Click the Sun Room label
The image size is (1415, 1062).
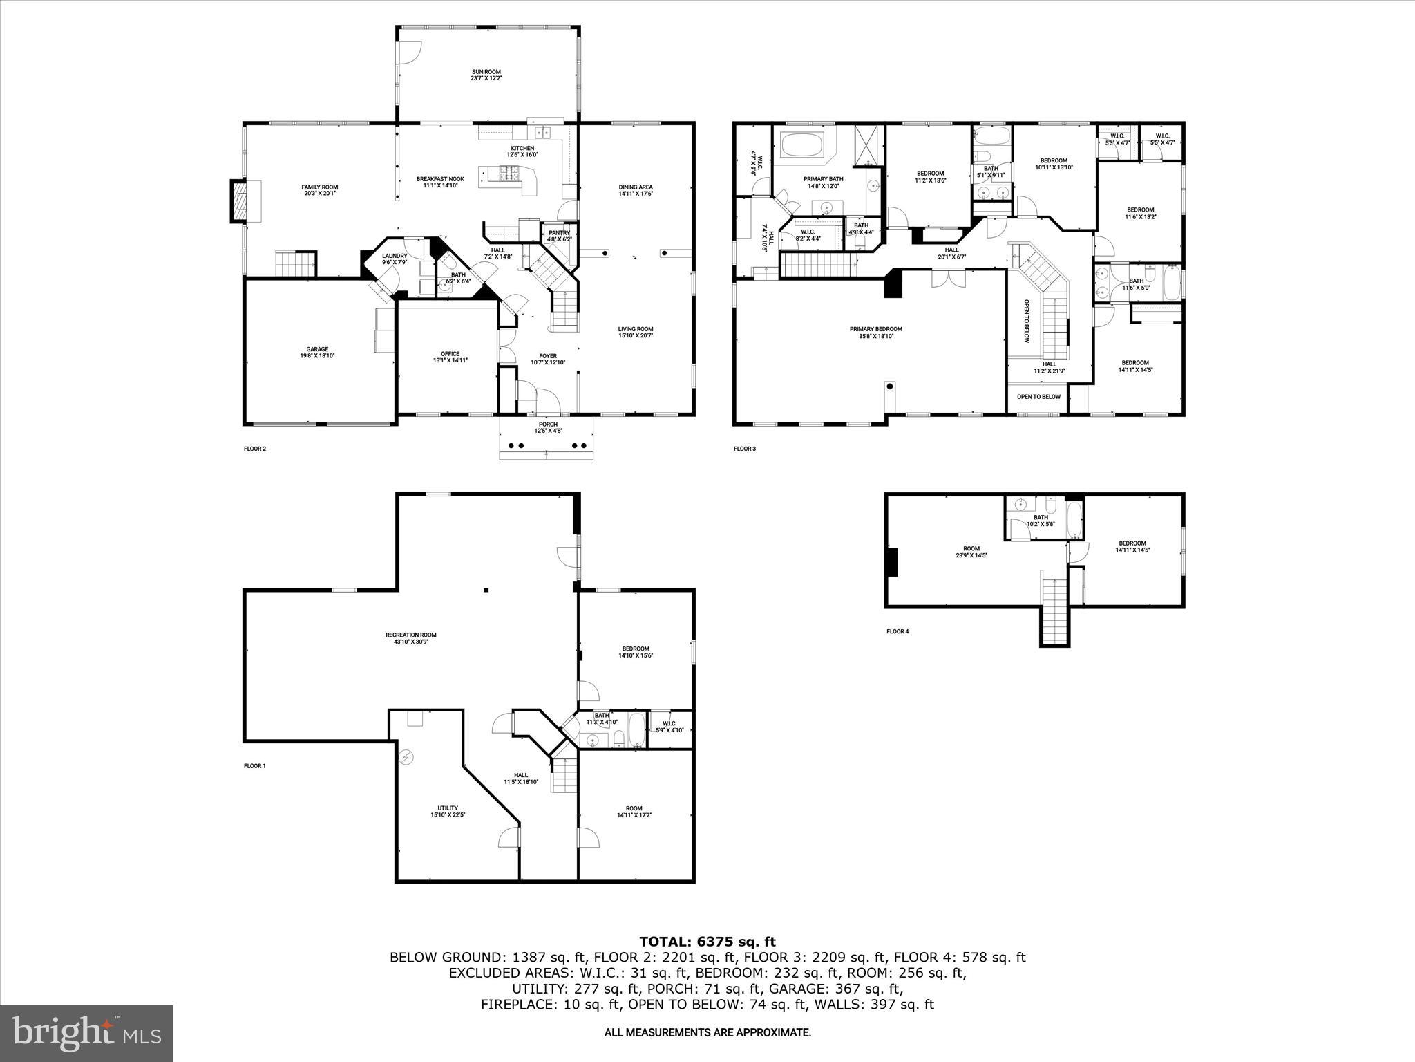[x=486, y=75]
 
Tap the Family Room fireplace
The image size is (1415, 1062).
[x=238, y=201]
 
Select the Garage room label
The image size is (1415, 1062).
[x=317, y=353]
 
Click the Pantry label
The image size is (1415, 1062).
[x=559, y=236]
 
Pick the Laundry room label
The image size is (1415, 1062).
[x=395, y=259]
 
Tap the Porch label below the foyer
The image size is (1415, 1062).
[x=548, y=427]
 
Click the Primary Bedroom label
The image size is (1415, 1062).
[x=875, y=333]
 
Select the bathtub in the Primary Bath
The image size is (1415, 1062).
[x=801, y=147]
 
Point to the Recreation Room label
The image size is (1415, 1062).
[x=410, y=638]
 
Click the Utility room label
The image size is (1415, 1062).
[x=448, y=811]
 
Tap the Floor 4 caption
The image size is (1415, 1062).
[x=898, y=631]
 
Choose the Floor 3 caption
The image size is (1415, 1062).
[x=745, y=449]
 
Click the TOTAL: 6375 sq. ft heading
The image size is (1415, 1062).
[x=707, y=942]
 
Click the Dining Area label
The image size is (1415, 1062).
[x=636, y=190]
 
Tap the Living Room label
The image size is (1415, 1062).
[x=636, y=332]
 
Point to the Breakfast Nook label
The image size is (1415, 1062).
[x=440, y=182]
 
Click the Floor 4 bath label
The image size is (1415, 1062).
[x=1041, y=520]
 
